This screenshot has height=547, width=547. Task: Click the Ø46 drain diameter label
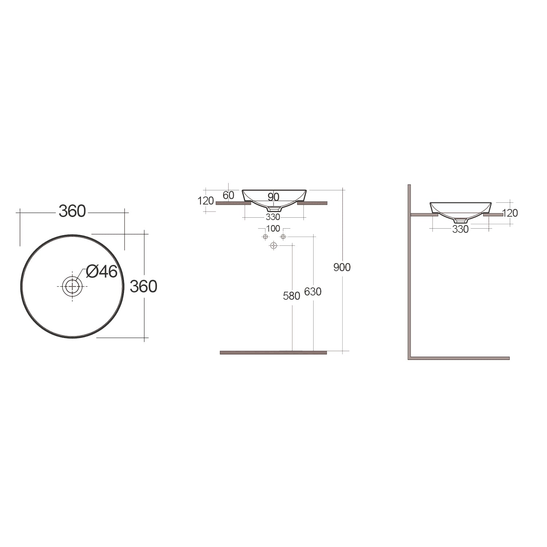(102, 271)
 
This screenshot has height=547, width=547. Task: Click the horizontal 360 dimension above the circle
(72, 211)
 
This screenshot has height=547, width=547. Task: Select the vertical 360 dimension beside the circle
(143, 287)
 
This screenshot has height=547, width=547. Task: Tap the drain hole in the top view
(72, 286)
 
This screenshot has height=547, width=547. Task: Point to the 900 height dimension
(342, 267)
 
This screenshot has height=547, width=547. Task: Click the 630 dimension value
(313, 292)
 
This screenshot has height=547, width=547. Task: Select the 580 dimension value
(291, 296)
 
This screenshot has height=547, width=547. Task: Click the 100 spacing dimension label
(273, 229)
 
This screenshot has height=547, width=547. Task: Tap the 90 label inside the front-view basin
(273, 197)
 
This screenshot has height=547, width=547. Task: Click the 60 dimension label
(228, 195)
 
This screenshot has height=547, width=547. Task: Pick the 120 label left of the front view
(206, 201)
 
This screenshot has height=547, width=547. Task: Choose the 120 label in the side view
(510, 213)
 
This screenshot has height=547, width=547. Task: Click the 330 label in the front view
(273, 217)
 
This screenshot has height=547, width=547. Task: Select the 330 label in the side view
(460, 229)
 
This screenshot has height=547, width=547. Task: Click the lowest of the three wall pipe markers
(273, 246)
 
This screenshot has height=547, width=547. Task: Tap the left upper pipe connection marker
(265, 237)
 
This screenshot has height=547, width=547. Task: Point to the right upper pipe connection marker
(283, 237)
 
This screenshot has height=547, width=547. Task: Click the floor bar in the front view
(273, 353)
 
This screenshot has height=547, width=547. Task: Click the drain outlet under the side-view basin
(461, 221)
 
